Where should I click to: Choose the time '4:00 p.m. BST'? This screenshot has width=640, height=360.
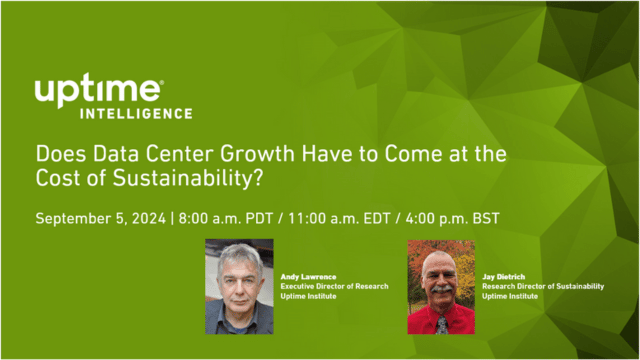451,217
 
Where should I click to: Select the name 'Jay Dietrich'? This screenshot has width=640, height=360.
503,275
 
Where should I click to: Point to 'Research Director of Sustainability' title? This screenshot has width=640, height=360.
542,285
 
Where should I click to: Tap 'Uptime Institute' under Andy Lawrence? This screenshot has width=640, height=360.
310,296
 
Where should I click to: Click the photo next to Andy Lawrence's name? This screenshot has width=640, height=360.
239,286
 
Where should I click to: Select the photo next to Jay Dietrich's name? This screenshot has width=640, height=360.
441,286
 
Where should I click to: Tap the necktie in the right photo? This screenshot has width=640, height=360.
441,324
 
